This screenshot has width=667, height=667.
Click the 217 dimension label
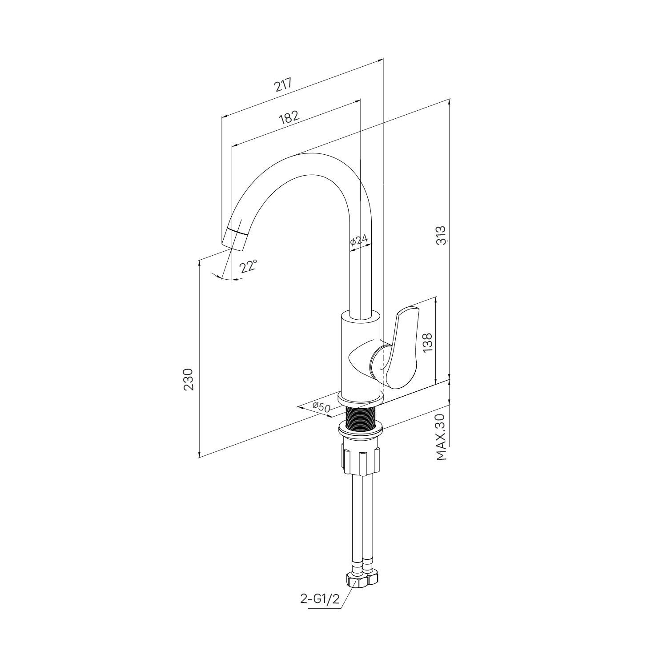[x=283, y=85]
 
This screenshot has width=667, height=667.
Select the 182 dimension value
[x=289, y=117]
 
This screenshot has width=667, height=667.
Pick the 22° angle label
[x=248, y=267]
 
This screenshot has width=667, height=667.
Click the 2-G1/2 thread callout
[x=320, y=599]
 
